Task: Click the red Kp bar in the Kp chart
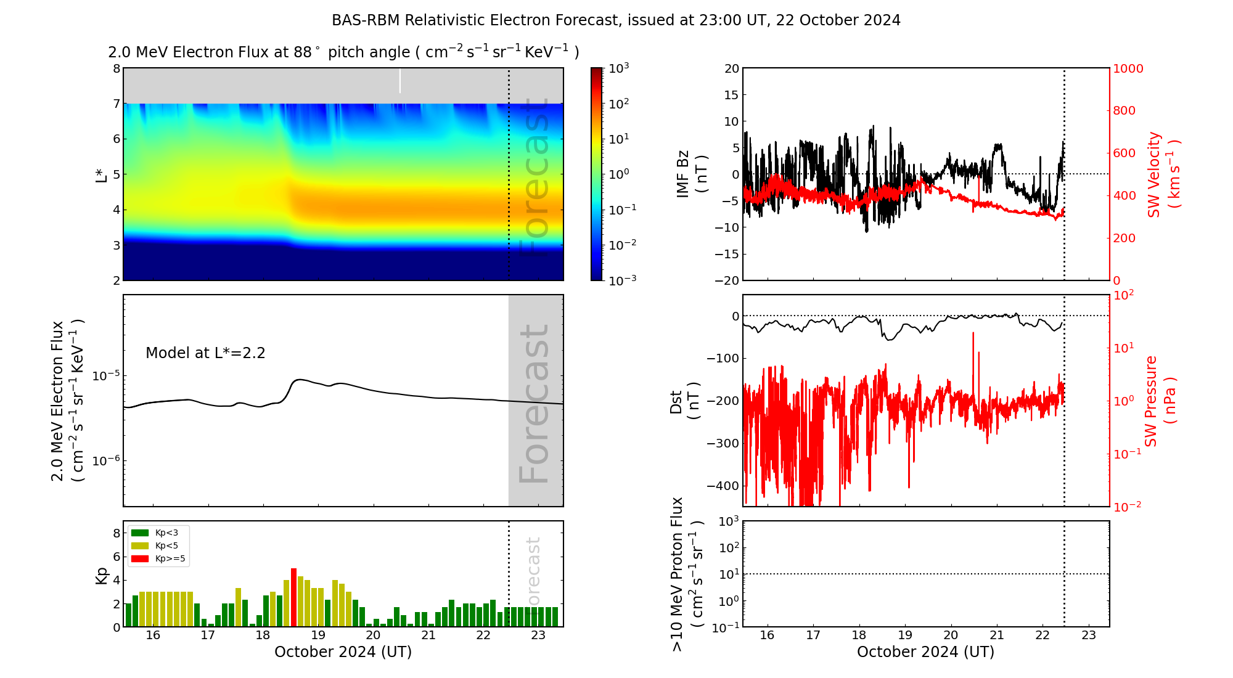[x=294, y=597]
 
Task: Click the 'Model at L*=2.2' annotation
[x=205, y=353]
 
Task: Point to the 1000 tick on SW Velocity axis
[x=1128, y=68]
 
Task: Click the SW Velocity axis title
[x=1162, y=174]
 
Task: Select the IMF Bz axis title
[x=692, y=174]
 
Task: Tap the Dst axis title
[x=684, y=401]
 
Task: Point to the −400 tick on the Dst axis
[x=723, y=486]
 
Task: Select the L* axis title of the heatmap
[x=101, y=175]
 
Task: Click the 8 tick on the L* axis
[x=116, y=68]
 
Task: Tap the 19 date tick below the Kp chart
[x=318, y=635]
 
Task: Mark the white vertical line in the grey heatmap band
[x=400, y=81]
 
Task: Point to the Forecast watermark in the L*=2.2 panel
[x=535, y=404]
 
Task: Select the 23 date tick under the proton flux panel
[x=1089, y=635]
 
